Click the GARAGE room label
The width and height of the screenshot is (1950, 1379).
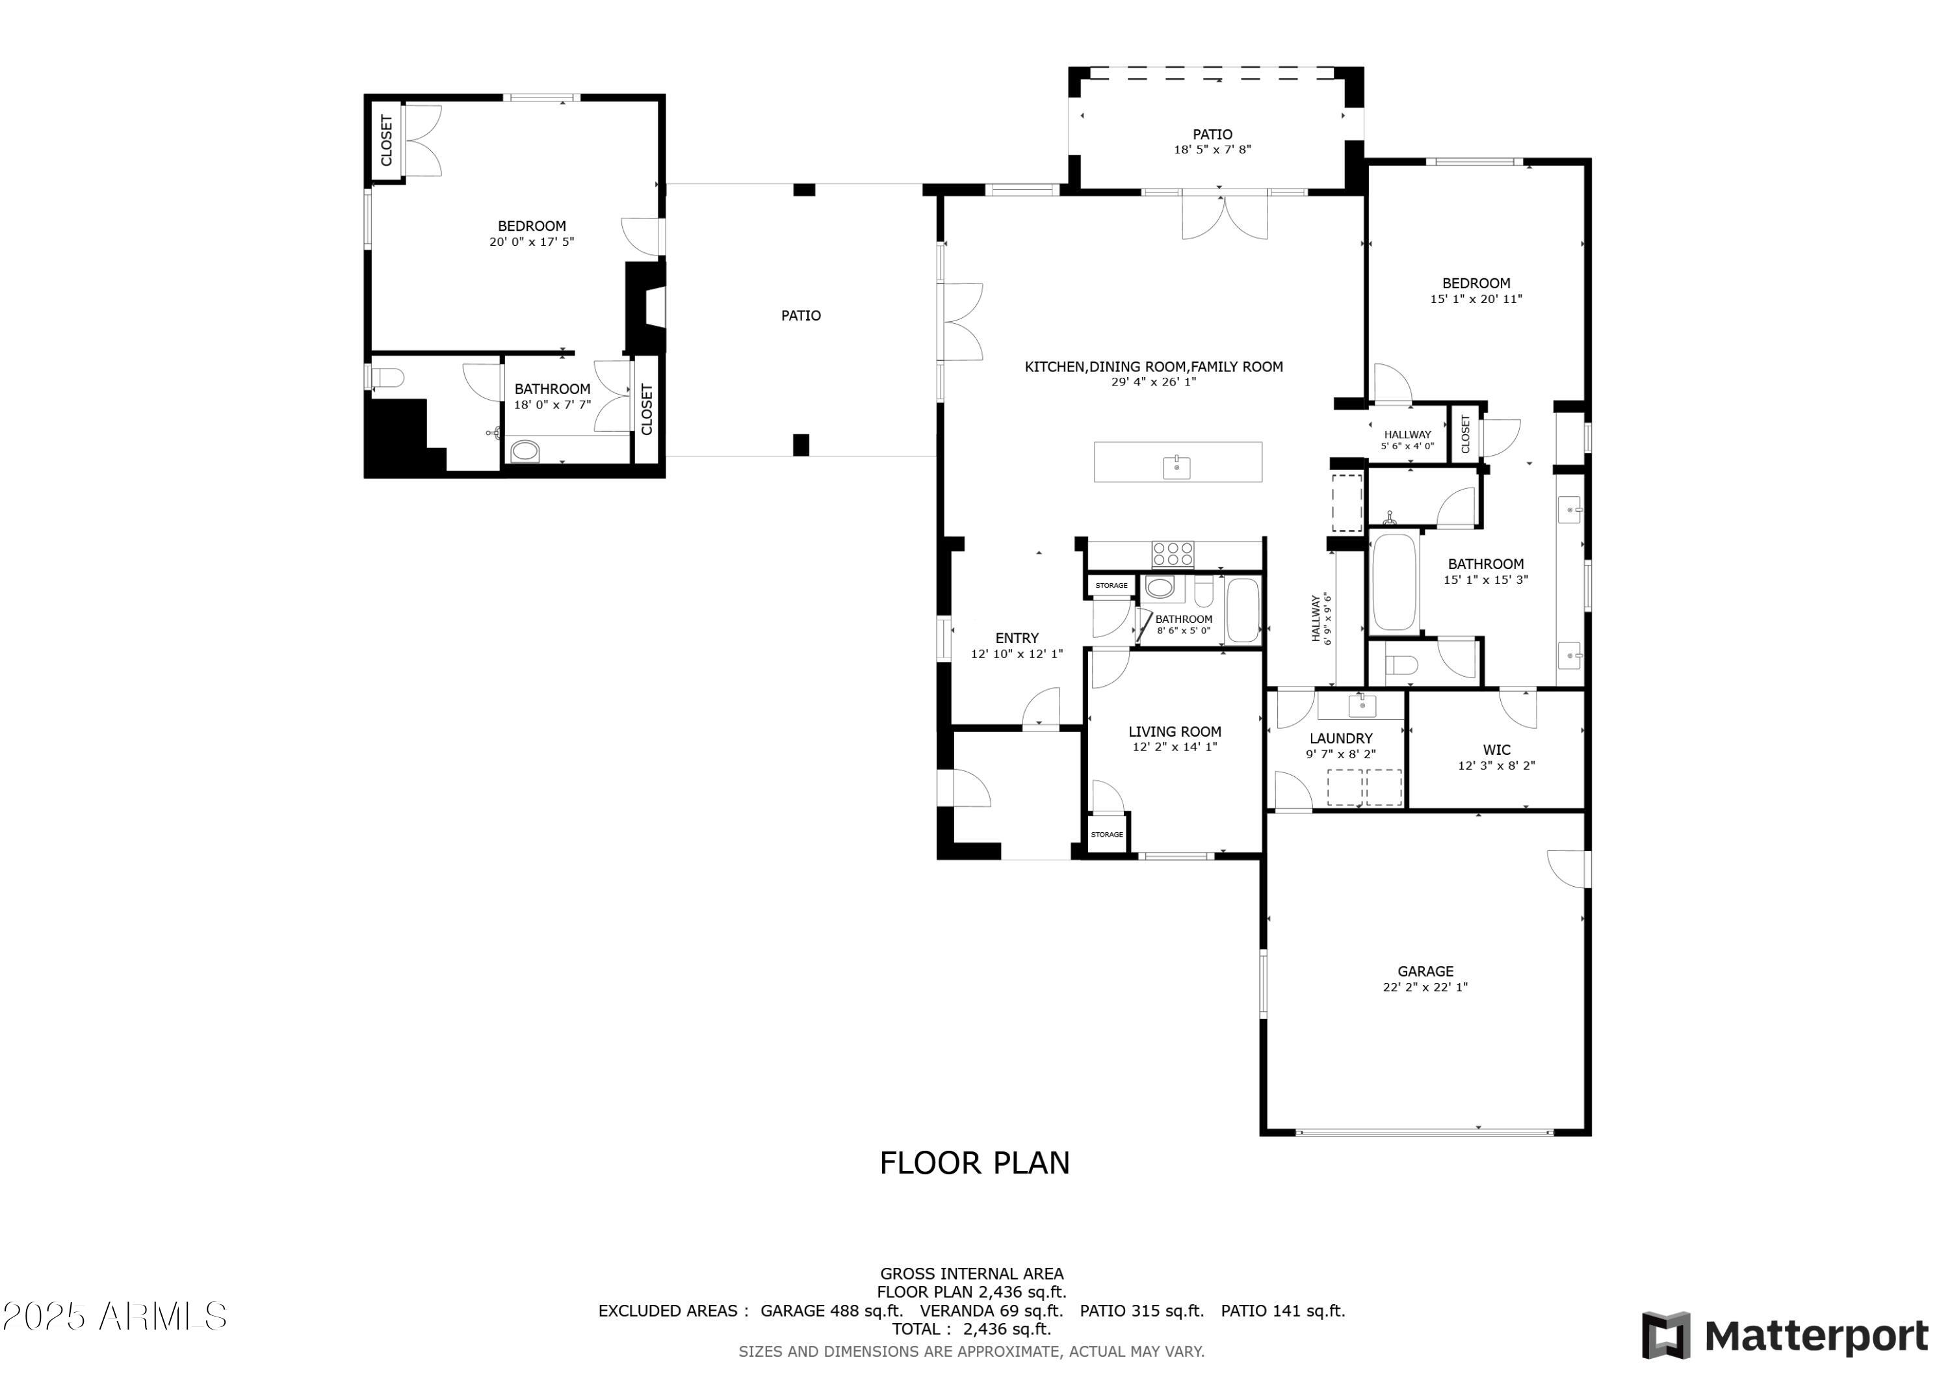point(1425,971)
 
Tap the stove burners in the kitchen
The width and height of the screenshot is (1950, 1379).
point(1173,554)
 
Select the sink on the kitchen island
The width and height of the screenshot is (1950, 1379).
point(1176,466)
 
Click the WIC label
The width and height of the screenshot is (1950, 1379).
point(1496,750)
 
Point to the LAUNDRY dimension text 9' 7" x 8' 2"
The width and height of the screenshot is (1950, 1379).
point(1340,754)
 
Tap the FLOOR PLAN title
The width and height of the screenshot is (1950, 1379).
point(974,1162)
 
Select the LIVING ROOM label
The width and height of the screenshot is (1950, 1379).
point(1175,731)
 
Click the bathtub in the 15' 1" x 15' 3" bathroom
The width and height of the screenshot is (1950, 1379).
point(1394,581)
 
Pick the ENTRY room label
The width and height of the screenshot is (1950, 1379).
point(1017,638)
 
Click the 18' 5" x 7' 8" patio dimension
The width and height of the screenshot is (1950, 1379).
point(1212,150)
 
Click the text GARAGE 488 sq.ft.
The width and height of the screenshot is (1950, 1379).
point(831,1310)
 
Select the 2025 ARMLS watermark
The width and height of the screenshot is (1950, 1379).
point(114,1316)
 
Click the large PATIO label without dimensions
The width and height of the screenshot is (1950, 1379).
point(801,315)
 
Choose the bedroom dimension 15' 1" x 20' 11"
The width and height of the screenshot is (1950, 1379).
point(1475,299)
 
